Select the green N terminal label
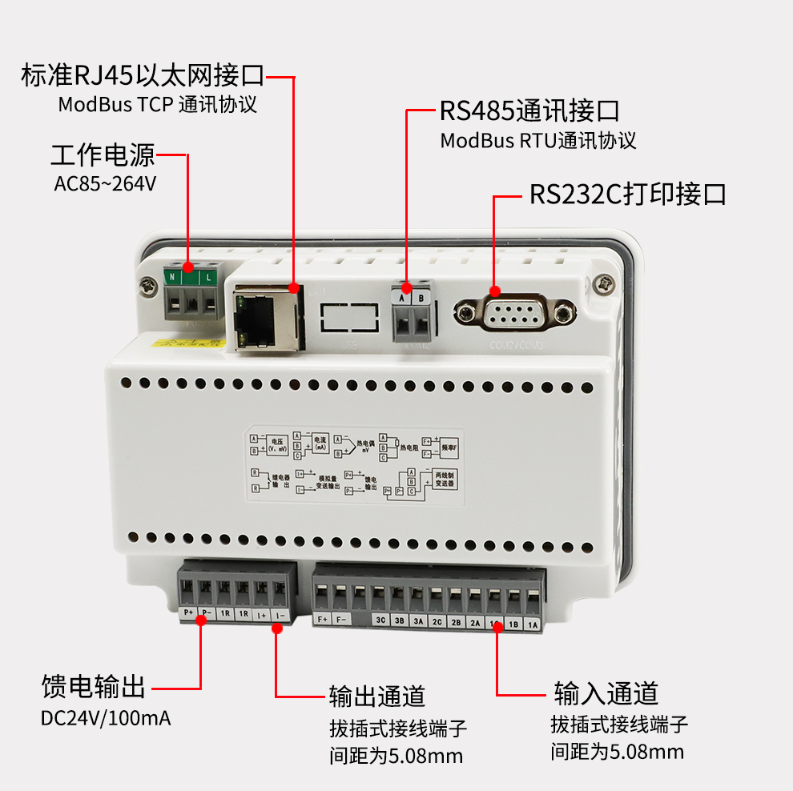pos(171,277)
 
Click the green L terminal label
pos(209,277)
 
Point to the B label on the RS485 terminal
pos(422,298)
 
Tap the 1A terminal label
pos(533,624)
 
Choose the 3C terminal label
pos(381,620)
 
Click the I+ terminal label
pos(261,615)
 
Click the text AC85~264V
pos(105,183)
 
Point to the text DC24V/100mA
pos(106,717)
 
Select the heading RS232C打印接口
pos(627,195)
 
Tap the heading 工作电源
pos(103,155)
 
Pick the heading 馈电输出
pos(93,686)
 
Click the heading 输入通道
pos(606,693)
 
